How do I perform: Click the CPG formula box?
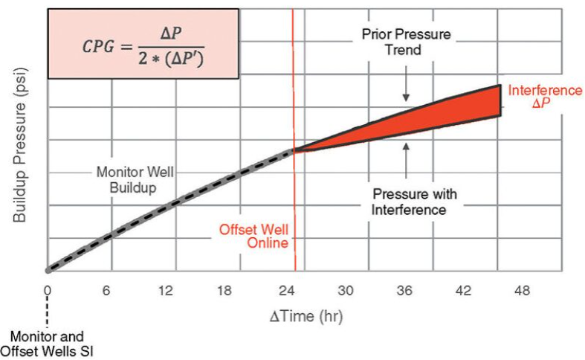tap(143, 43)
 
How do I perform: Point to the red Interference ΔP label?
tap(546, 97)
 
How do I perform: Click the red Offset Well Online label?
tap(253, 236)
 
